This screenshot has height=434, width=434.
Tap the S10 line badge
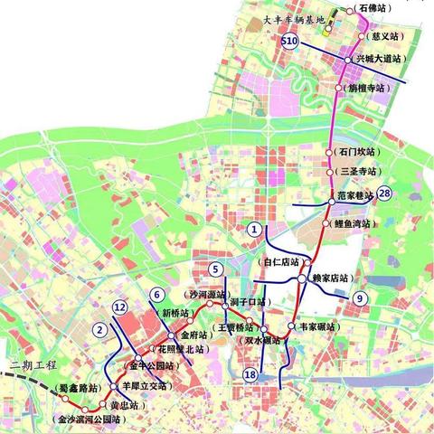(289, 42)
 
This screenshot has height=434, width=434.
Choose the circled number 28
(385, 193)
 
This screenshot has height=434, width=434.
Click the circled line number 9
(360, 298)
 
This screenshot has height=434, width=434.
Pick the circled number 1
(256, 230)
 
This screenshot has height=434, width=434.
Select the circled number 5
(215, 269)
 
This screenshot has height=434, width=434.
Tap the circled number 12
(119, 308)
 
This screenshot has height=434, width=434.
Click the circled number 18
(250, 374)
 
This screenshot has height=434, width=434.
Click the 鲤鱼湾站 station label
(354, 223)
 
